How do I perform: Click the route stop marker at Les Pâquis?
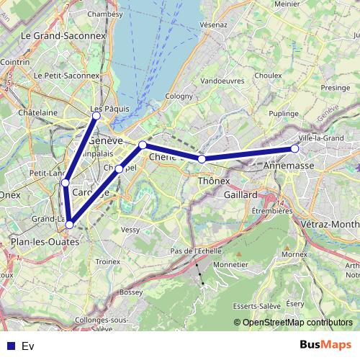[x=96, y=115]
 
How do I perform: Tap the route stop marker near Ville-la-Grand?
[x=294, y=148]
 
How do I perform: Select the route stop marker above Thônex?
[x=202, y=158]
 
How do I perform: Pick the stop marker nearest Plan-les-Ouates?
[x=69, y=225]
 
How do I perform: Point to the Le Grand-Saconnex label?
[x=63, y=35]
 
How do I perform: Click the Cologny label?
[x=179, y=95]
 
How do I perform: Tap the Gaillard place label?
[x=240, y=195]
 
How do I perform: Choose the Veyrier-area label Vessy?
[x=130, y=230]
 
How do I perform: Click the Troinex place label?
[x=107, y=262]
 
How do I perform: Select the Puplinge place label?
[x=283, y=114]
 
